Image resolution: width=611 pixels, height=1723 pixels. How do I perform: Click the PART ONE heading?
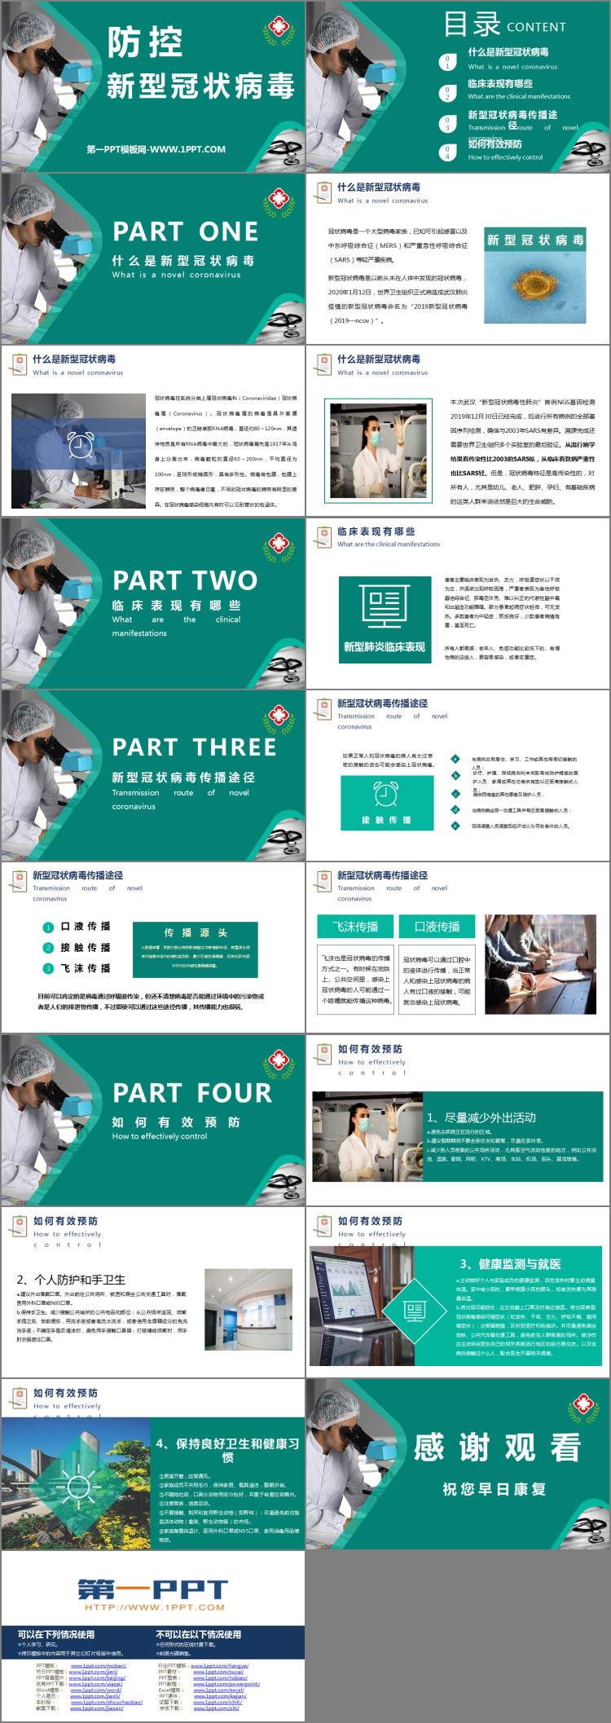point(185,231)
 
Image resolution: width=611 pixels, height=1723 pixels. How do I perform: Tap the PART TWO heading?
point(185,580)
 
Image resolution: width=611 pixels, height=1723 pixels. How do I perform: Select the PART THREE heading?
point(194,747)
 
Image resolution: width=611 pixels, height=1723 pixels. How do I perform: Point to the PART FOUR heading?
point(192,1093)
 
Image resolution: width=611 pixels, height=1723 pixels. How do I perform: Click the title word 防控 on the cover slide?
point(145,43)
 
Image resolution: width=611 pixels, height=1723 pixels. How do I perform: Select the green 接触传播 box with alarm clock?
point(386,803)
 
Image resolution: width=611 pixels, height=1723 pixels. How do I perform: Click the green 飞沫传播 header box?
point(355,927)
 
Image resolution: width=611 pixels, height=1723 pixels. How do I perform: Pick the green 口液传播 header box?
point(437,927)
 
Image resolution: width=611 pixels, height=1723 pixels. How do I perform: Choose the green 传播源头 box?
point(195,950)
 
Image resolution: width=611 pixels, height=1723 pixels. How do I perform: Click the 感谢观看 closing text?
point(497,1448)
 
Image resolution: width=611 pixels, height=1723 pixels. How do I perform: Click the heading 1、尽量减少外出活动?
point(481,1117)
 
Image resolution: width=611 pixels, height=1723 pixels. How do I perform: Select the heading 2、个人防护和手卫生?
point(71,1280)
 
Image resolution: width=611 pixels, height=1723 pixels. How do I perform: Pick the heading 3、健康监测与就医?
point(510,1263)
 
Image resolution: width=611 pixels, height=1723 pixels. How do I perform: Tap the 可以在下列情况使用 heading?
point(56,1634)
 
